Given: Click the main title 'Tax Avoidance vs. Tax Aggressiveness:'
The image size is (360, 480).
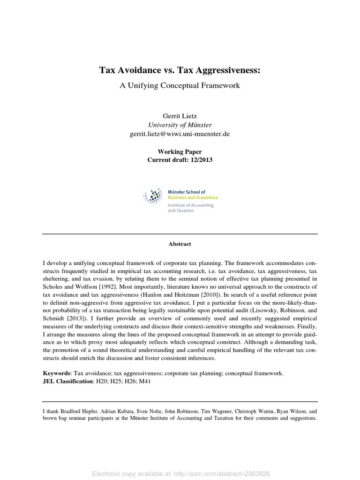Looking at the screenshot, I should tap(180, 70).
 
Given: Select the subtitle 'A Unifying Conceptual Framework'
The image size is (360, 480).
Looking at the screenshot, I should tap(180, 85).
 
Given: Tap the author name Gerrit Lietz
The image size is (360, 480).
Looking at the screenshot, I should tap(180, 116).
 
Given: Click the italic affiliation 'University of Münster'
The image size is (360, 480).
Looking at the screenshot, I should tap(180, 125).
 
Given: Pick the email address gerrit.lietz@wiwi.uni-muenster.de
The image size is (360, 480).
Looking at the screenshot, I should tap(180, 134).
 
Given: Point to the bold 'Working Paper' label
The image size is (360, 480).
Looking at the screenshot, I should tap(180, 152).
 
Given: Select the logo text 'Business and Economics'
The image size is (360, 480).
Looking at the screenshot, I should tap(192, 198).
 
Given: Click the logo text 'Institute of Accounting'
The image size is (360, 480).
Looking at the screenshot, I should tap(190, 205).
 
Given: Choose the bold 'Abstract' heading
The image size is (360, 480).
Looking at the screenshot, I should tap(180, 244).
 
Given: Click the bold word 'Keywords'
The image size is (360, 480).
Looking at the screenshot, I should tap(56, 374).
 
